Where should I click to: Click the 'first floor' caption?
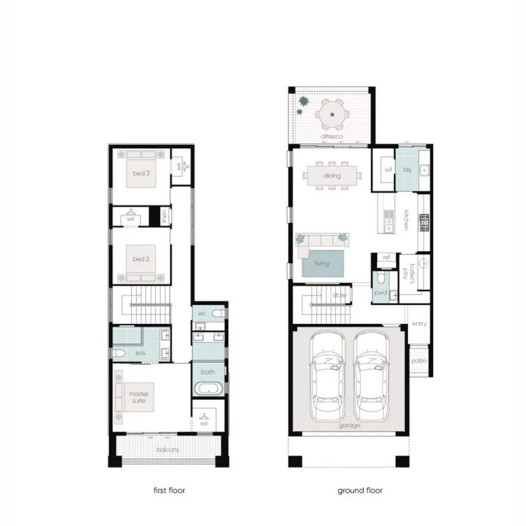coord(169,490)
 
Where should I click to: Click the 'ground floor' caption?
coord(360,490)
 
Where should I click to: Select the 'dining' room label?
coord(332,176)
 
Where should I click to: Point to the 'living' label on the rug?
coord(322,263)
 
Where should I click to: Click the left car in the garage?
coord(327,376)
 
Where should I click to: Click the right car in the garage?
coord(371,376)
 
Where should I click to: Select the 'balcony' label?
coord(168,450)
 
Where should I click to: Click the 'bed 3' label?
coord(141,173)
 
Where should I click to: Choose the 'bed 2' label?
coord(141,259)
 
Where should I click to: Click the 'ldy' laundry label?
coord(407,169)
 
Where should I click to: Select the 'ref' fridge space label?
coord(387,257)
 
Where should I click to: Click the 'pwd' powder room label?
coord(380,293)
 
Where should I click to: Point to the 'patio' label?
coord(419,361)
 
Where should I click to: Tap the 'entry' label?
coord(419,324)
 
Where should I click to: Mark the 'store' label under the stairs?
coord(339,295)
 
